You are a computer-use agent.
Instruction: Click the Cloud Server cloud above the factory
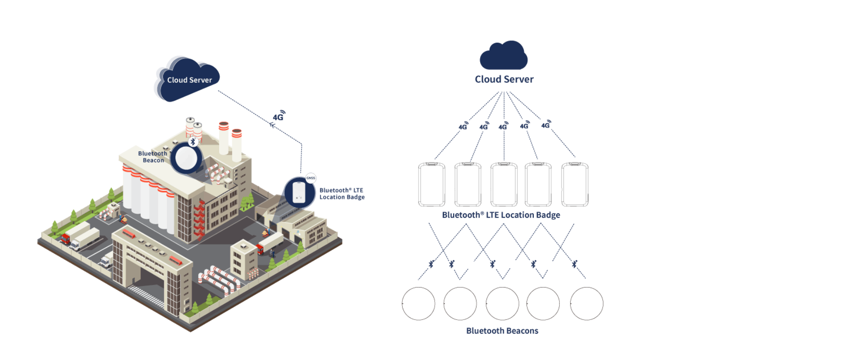(x=187, y=78)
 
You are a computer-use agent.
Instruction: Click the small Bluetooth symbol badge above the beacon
(x=193, y=142)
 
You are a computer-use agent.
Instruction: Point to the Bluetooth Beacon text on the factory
(x=153, y=157)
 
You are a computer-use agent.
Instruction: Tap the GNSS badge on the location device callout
(x=310, y=178)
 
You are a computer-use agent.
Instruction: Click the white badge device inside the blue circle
(x=298, y=192)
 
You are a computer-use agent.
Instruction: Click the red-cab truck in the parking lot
(x=66, y=238)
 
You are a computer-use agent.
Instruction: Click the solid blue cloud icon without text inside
(x=504, y=56)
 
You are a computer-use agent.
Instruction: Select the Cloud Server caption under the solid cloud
(x=504, y=79)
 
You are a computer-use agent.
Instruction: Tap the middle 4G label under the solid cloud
(x=504, y=126)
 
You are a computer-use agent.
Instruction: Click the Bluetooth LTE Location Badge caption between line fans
(x=501, y=215)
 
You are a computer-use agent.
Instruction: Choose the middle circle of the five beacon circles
(x=502, y=303)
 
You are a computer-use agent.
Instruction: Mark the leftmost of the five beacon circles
(x=418, y=303)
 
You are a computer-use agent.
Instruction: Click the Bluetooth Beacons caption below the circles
(x=502, y=331)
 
